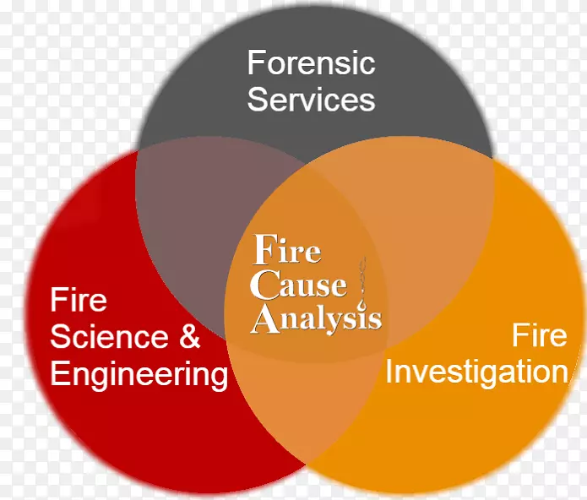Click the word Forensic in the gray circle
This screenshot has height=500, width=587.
pyautogui.click(x=310, y=63)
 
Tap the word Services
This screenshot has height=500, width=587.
pyautogui.click(x=310, y=100)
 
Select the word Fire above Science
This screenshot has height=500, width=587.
pyautogui.click(x=79, y=300)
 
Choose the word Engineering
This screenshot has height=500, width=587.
pyautogui.click(x=139, y=373)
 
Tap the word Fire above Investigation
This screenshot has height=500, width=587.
pyautogui.click(x=539, y=335)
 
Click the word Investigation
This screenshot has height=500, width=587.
pyautogui.click(x=476, y=372)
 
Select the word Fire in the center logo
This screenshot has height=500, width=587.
pyautogui.click(x=287, y=251)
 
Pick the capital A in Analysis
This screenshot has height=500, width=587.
pyautogui.click(x=265, y=318)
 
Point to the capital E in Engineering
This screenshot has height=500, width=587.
pyautogui.click(x=59, y=373)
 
